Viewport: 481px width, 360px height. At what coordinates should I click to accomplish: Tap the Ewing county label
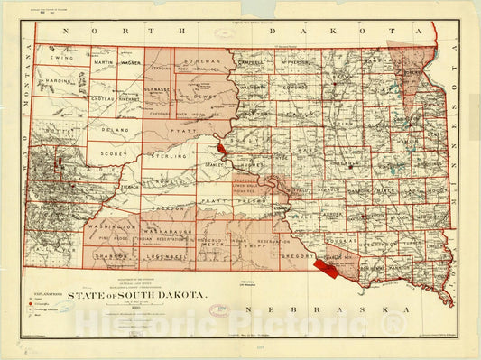[x=61, y=58]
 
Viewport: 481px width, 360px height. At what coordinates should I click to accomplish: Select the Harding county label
[x=59, y=82]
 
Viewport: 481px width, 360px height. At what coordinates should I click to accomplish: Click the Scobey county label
[x=114, y=153]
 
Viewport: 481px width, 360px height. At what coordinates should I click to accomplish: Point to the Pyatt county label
[x=188, y=131]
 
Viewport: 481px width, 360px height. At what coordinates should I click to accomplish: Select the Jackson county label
[x=162, y=208]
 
